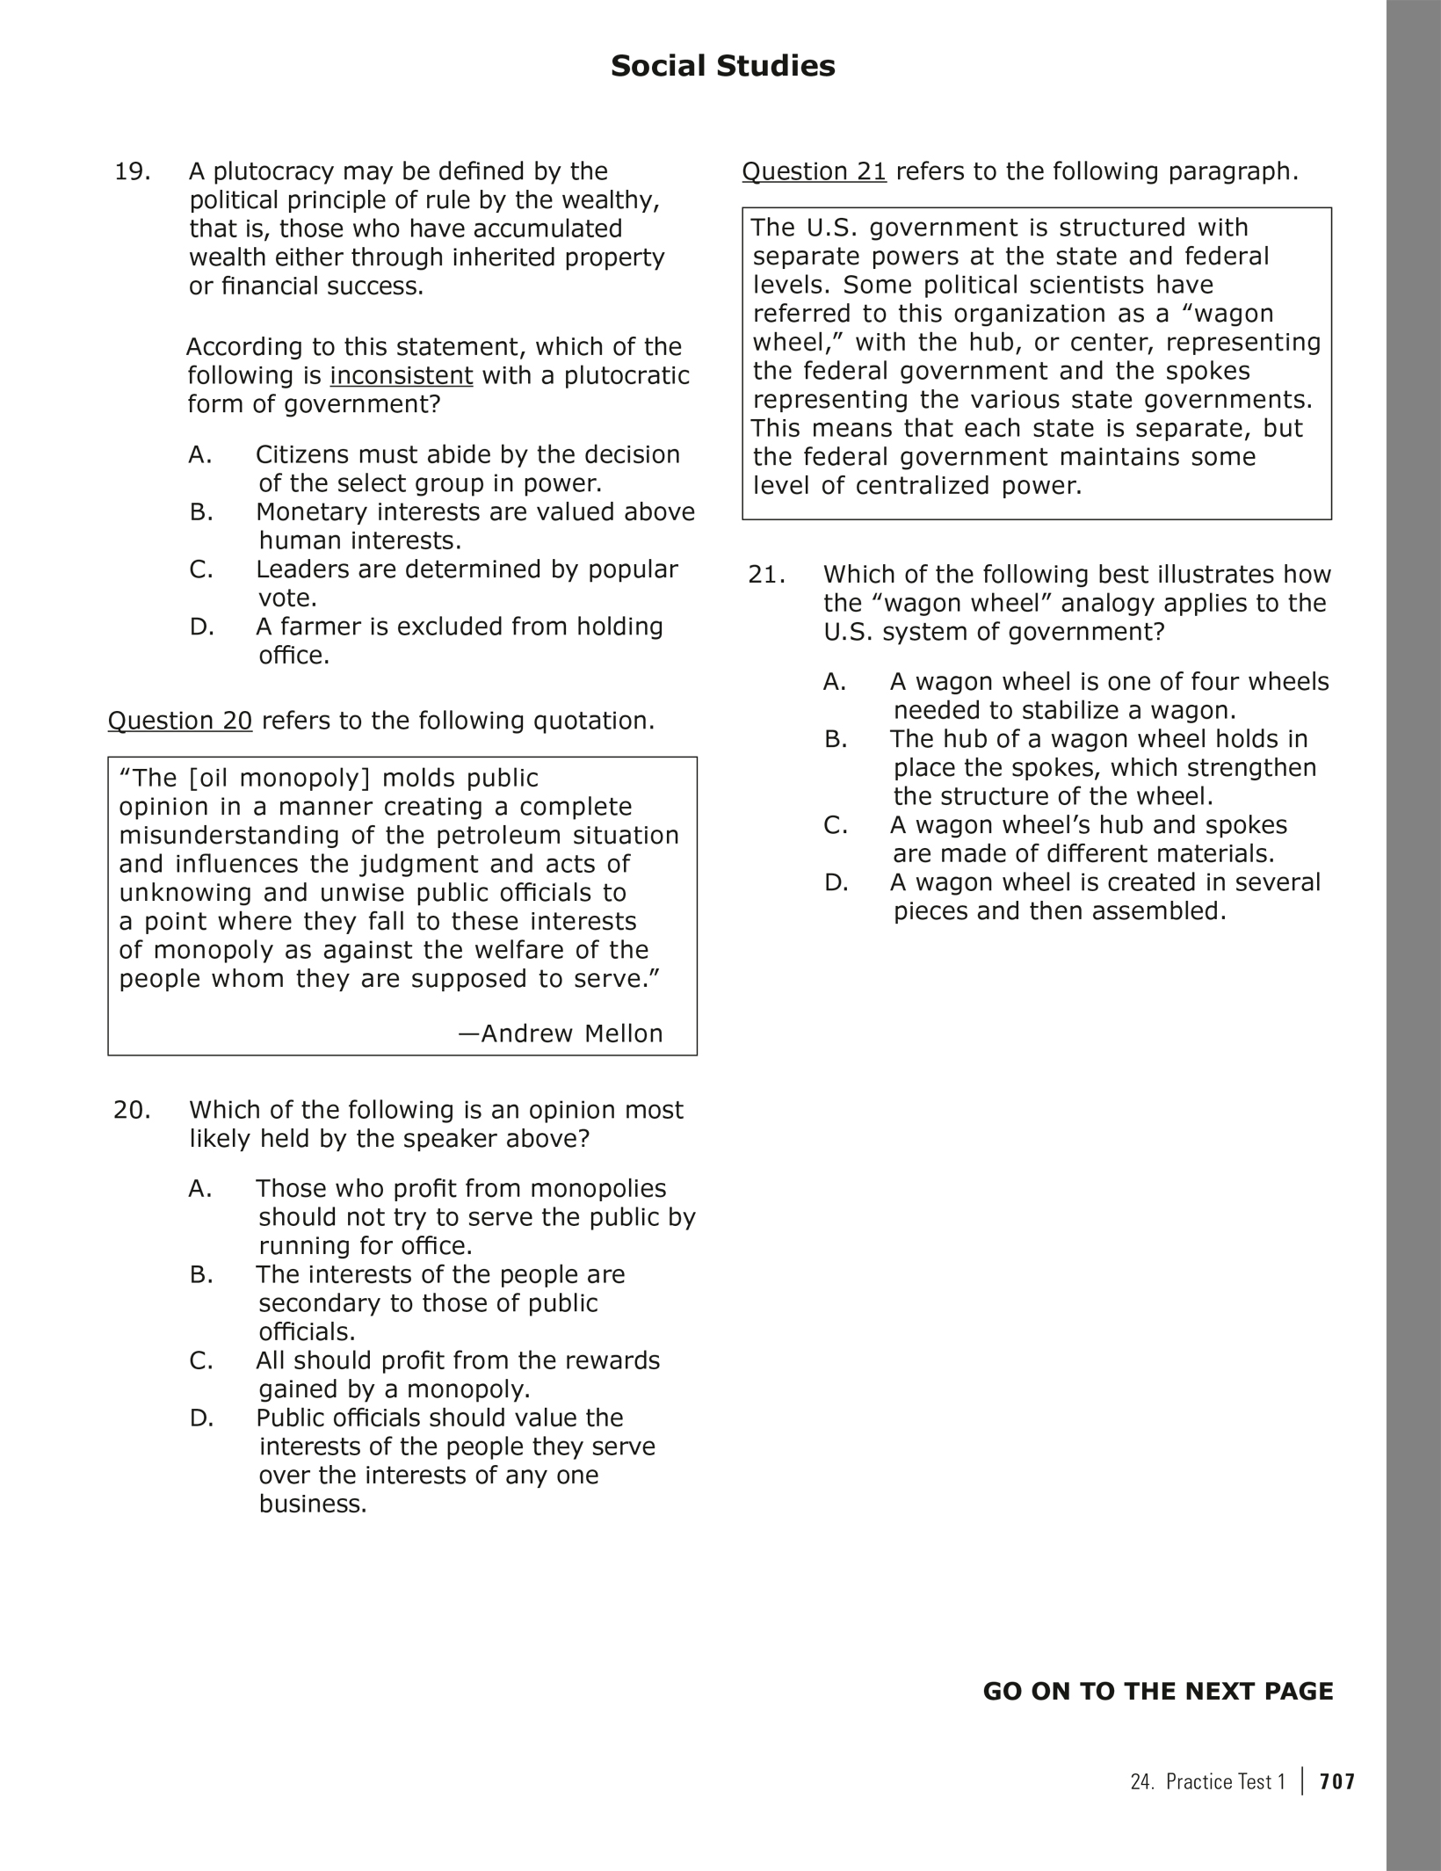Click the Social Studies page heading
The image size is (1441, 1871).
tap(722, 67)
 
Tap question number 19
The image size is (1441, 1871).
tap(132, 171)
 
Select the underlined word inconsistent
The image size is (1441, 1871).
tap(401, 376)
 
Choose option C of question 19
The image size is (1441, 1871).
tap(201, 569)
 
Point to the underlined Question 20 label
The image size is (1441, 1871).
tap(180, 721)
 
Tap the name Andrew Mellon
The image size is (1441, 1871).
tap(571, 1033)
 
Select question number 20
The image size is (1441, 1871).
tap(132, 1110)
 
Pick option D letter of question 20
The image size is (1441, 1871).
tap(201, 1418)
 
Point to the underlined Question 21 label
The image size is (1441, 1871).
tap(814, 171)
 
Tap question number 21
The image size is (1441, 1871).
tap(766, 575)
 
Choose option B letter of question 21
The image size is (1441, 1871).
tap(836, 739)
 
